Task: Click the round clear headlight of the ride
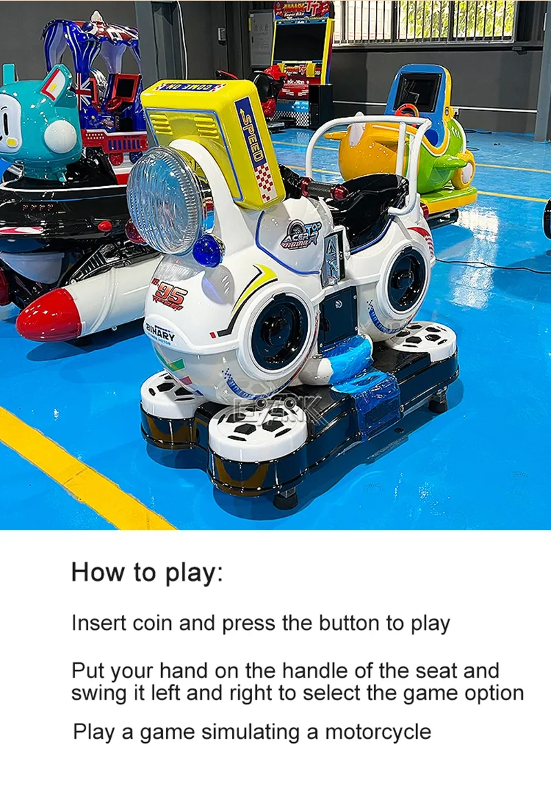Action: [x=169, y=200]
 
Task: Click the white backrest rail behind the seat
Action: [x=365, y=128]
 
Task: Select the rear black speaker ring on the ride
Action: [x=406, y=279]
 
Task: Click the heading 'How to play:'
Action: [x=147, y=573]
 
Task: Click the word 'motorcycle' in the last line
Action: [x=378, y=731]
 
